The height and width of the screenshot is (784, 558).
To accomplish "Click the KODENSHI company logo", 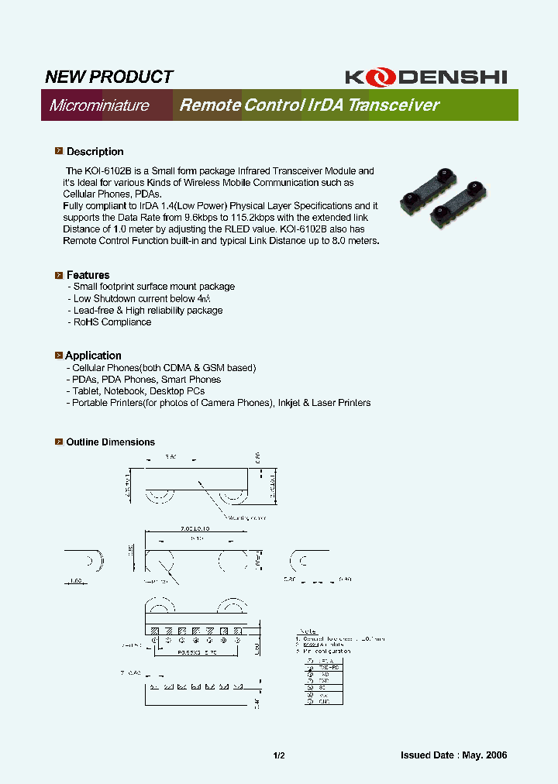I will coord(425,77).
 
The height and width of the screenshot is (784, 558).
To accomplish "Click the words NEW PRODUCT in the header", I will coord(108,77).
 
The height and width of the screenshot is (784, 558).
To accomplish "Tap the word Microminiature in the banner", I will coord(99,105).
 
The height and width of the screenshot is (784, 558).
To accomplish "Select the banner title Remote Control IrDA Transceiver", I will coord(309,105).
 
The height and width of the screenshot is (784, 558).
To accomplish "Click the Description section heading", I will coord(95,152).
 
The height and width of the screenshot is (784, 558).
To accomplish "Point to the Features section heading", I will coord(88,275).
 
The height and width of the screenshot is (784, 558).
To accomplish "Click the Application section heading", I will coord(93,356).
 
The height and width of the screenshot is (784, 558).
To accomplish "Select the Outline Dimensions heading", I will coord(110,442).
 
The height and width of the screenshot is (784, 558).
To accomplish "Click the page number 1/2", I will coord(279,755).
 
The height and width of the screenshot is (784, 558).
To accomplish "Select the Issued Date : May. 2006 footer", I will coord(453,755).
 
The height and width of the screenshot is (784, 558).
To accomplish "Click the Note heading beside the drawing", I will coord(308,631).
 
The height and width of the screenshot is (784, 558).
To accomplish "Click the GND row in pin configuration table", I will coord(324,701).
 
